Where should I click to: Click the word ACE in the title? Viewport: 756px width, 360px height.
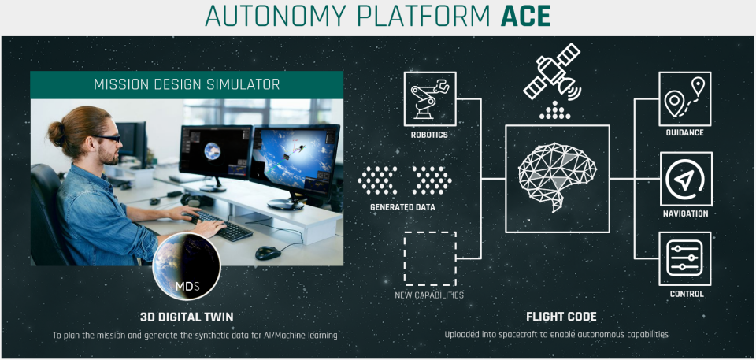(525, 17)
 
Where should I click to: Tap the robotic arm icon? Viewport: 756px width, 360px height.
(429, 99)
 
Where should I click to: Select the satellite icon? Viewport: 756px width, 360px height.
(552, 72)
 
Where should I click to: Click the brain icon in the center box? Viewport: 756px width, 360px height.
(558, 177)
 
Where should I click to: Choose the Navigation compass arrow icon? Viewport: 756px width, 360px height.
(684, 179)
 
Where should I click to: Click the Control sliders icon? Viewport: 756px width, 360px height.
(684, 258)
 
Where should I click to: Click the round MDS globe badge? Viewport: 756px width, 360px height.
(186, 266)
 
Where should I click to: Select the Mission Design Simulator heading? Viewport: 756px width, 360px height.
(187, 84)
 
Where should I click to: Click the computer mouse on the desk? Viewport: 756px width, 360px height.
(268, 252)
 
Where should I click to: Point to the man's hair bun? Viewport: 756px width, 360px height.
(56, 134)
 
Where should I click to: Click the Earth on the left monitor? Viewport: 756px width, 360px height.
(213, 151)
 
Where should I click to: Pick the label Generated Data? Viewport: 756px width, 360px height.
(402, 207)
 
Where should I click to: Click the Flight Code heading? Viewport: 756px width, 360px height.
(561, 317)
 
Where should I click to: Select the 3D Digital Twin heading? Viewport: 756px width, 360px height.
(187, 317)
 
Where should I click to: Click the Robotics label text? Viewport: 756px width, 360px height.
(429, 135)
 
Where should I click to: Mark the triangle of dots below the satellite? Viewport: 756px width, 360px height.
(555, 110)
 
